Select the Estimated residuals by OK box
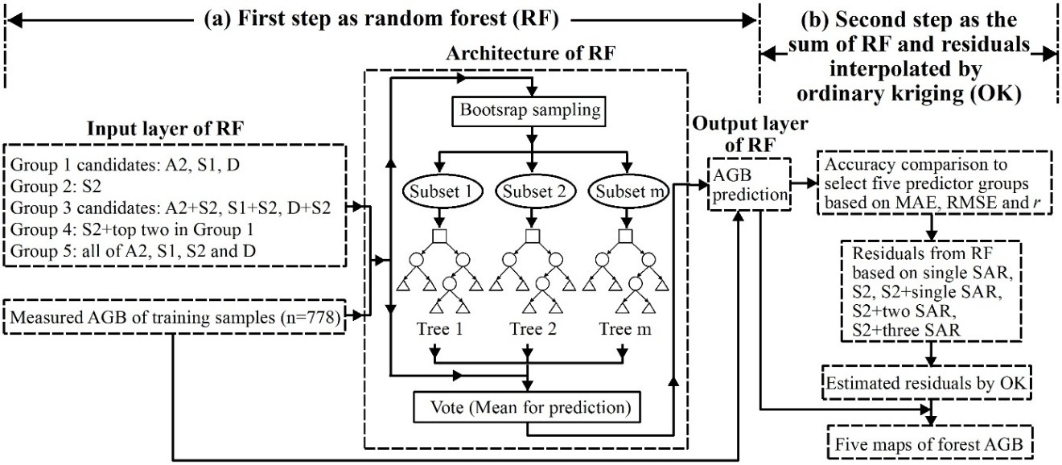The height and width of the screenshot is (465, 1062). point(932,384)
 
